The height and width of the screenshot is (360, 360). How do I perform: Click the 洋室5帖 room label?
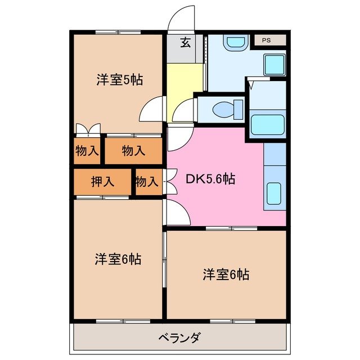[119, 80]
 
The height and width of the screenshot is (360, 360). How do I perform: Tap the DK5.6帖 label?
[211, 179]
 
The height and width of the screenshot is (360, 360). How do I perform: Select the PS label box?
[265, 40]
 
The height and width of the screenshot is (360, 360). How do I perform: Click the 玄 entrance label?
[184, 42]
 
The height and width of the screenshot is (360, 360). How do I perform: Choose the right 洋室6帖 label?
[226, 274]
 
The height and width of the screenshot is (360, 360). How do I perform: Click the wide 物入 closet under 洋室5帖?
[134, 151]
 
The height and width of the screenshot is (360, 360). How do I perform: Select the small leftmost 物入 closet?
[87, 151]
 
